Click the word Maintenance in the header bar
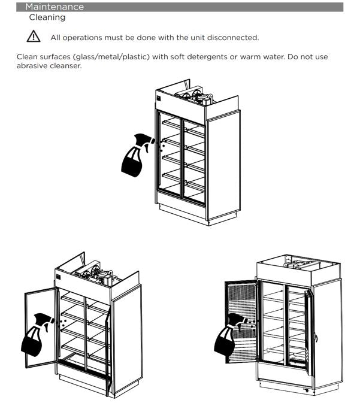pos(55,7)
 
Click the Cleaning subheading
pos(47,17)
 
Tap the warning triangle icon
pos(34,37)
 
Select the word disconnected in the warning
pos(233,38)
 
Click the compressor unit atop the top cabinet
pos(194,96)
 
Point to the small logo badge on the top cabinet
pos(158,98)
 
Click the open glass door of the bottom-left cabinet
pos(41,328)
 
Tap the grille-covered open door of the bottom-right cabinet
pos(241,322)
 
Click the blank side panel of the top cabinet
pos(224,166)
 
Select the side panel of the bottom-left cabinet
pos(127,339)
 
